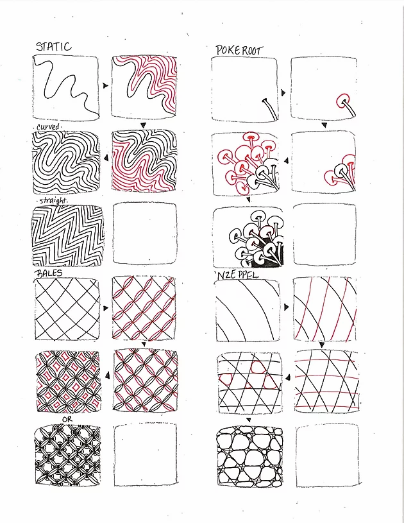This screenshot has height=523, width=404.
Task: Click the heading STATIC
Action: (53, 46)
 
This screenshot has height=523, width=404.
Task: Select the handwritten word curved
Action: (47, 126)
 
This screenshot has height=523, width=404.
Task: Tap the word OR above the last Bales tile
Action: (67, 419)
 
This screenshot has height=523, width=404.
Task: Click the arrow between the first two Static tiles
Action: (105, 85)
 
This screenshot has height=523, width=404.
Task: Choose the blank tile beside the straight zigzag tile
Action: (144, 234)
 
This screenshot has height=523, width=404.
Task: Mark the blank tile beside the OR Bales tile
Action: (144, 454)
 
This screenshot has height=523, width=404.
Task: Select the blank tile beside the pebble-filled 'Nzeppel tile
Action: (328, 455)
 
